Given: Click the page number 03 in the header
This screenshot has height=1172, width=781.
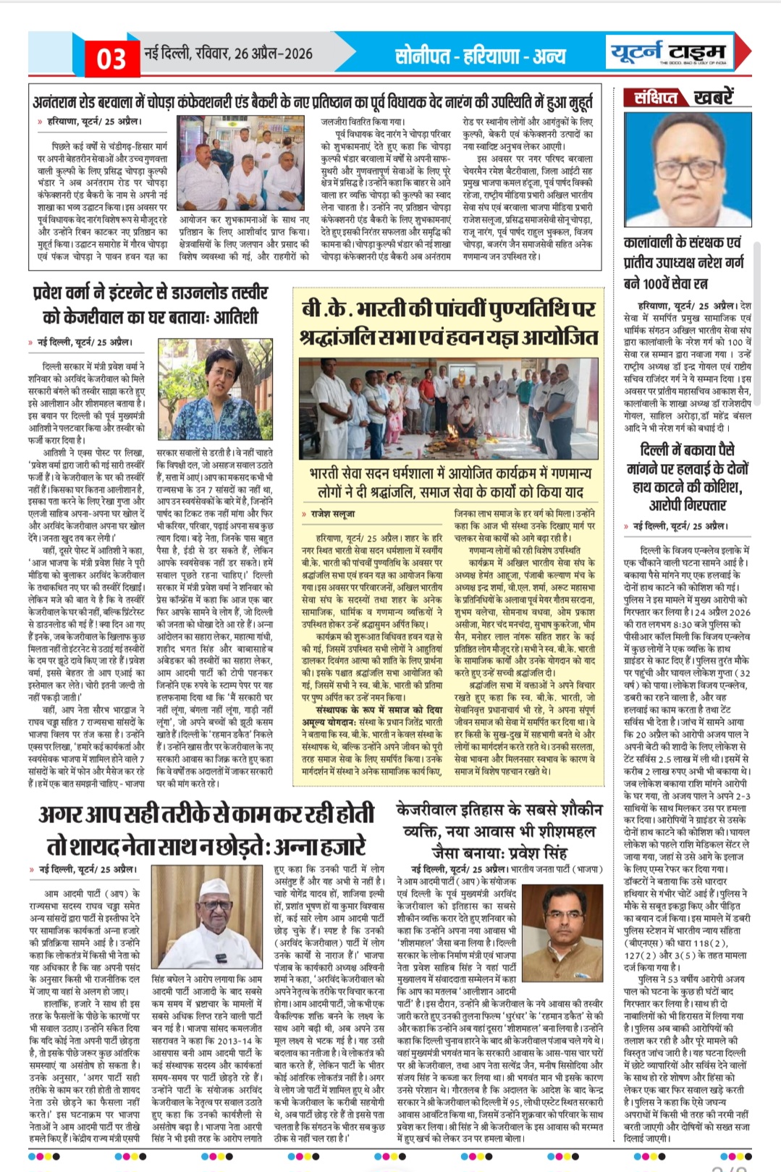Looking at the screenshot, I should (111, 58).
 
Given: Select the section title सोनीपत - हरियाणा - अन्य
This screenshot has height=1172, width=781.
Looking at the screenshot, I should (481, 56).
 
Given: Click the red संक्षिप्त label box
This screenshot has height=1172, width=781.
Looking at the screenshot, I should (656, 97).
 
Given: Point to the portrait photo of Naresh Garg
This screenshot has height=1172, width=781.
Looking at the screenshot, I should (684, 169).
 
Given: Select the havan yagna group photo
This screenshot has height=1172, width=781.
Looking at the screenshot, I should (449, 408).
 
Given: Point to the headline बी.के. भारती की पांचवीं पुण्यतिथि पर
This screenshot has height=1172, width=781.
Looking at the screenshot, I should (448, 309).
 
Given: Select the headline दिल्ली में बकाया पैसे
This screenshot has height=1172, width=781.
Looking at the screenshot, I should (687, 450).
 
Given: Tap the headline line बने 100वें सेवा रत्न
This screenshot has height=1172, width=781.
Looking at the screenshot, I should (665, 283).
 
